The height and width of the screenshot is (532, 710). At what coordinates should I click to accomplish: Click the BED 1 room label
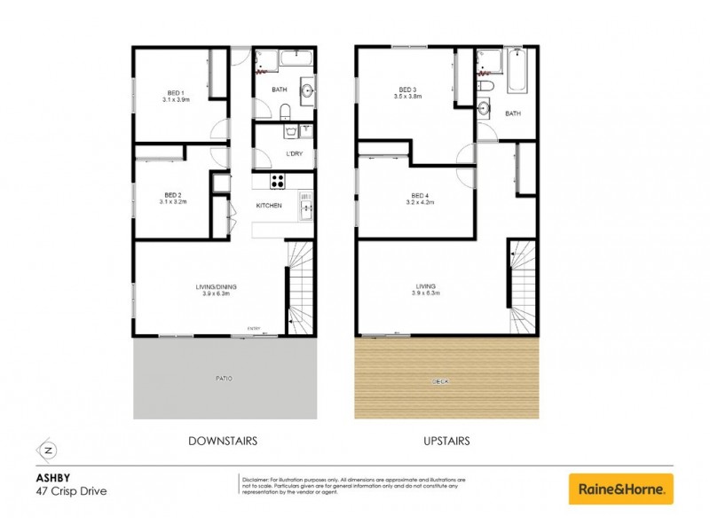tap(175, 94)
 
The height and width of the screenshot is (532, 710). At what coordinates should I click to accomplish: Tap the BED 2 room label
tap(174, 195)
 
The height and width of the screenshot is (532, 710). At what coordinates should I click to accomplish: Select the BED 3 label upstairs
tap(407, 90)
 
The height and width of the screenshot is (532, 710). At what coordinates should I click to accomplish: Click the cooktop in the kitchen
tap(277, 181)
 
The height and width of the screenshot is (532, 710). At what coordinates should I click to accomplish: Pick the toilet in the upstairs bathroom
tap(485, 86)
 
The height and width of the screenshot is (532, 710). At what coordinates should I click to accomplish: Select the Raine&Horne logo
tap(620, 489)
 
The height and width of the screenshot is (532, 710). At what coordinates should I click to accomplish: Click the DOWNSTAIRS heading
tap(223, 440)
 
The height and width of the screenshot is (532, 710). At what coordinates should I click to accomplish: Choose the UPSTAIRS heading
tap(446, 440)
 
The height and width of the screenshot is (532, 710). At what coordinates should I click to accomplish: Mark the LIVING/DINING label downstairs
tap(213, 286)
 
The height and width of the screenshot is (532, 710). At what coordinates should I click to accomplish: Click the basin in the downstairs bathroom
tap(307, 89)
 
